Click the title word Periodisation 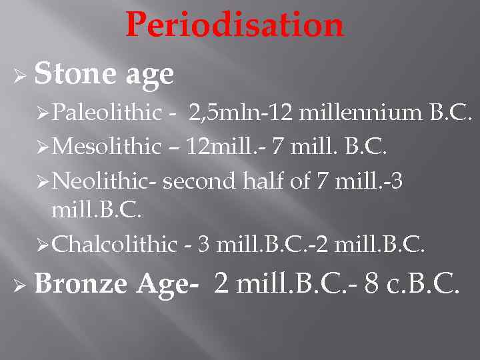click(x=235, y=25)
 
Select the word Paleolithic click(x=107, y=113)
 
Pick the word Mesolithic click(x=107, y=147)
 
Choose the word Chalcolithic click(x=114, y=245)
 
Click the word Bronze click(x=80, y=284)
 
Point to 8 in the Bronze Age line click(x=372, y=284)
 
